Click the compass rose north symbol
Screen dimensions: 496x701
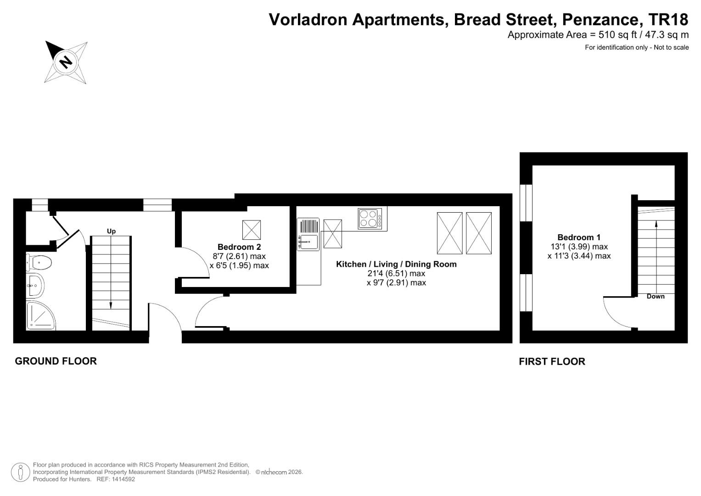(66, 62)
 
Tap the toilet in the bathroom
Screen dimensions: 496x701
(39, 262)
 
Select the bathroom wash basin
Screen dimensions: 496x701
(35, 286)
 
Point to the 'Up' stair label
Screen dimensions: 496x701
(111, 231)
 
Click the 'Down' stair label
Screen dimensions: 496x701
(655, 296)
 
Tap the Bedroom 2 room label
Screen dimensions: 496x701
(239, 247)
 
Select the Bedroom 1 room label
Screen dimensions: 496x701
(578, 237)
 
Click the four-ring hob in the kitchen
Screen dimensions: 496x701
(370, 219)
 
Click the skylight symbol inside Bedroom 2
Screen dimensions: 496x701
(251, 230)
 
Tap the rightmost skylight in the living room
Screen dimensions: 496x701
(479, 233)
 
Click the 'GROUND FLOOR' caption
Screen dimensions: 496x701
(56, 361)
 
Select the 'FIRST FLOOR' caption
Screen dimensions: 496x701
(552, 361)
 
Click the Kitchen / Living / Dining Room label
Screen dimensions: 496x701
(396, 264)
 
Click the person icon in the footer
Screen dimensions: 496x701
(20, 472)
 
